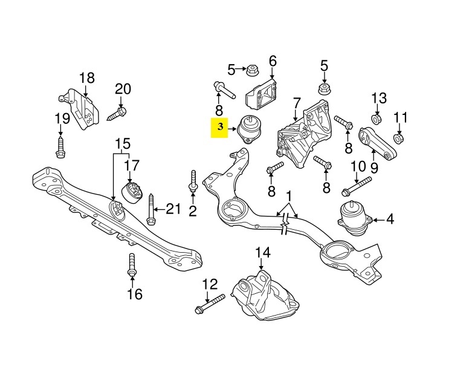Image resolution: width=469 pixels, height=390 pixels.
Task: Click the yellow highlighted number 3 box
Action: coord(221,128)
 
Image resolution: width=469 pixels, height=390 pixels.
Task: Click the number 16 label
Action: coord(134,294)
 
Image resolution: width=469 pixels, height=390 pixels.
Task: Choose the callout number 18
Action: coord(87,77)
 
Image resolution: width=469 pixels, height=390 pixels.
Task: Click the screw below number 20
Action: coord(118,112)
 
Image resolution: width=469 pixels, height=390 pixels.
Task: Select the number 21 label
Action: coord(173,209)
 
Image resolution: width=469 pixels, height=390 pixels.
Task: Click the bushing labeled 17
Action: coord(133,192)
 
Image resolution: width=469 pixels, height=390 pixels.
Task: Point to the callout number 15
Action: coord(123,145)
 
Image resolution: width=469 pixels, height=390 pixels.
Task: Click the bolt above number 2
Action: coord(193,182)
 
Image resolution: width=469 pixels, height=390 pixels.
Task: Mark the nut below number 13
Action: coord(377,119)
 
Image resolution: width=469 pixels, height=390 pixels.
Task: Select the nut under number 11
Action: coord(399,138)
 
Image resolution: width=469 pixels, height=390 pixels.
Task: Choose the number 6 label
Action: coord(272,61)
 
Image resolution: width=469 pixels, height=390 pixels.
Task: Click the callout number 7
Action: coord(297,104)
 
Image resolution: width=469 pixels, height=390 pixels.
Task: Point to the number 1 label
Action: coord(289,197)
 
